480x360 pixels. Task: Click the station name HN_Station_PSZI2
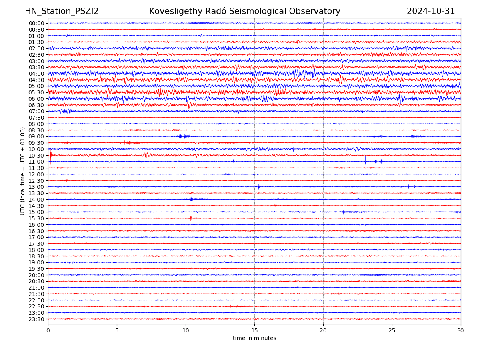pos(62,11)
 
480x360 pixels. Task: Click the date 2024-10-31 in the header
pos(431,11)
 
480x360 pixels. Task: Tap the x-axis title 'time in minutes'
pos(254,338)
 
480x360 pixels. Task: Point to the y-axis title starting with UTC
pos(23,171)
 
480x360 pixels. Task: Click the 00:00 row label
pos(36,23)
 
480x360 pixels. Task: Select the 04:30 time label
pos(36,80)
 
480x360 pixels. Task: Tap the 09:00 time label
pos(36,136)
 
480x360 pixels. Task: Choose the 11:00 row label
pos(36,162)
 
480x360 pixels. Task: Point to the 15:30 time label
pos(36,218)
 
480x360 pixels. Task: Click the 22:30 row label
pos(36,306)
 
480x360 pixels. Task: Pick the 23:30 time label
pos(36,319)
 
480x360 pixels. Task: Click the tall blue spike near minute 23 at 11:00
pos(366,161)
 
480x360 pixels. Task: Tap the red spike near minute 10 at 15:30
pos(190,218)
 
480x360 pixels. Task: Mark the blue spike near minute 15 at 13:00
pos(259,187)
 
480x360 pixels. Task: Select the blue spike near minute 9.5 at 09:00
pos(180,136)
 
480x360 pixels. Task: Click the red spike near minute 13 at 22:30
pos(230,306)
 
